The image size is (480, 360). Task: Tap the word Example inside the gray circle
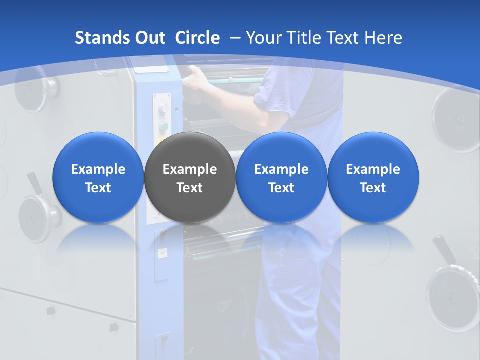click(189, 169)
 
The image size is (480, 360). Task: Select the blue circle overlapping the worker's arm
click(281, 177)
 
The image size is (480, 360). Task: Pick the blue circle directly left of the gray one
click(98, 177)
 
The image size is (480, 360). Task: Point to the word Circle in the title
click(197, 38)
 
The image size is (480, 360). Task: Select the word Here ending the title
click(384, 38)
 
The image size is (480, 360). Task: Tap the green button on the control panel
click(163, 126)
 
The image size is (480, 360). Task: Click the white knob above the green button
click(163, 109)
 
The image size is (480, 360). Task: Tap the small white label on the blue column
click(162, 254)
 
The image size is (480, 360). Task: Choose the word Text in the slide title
click(344, 38)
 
